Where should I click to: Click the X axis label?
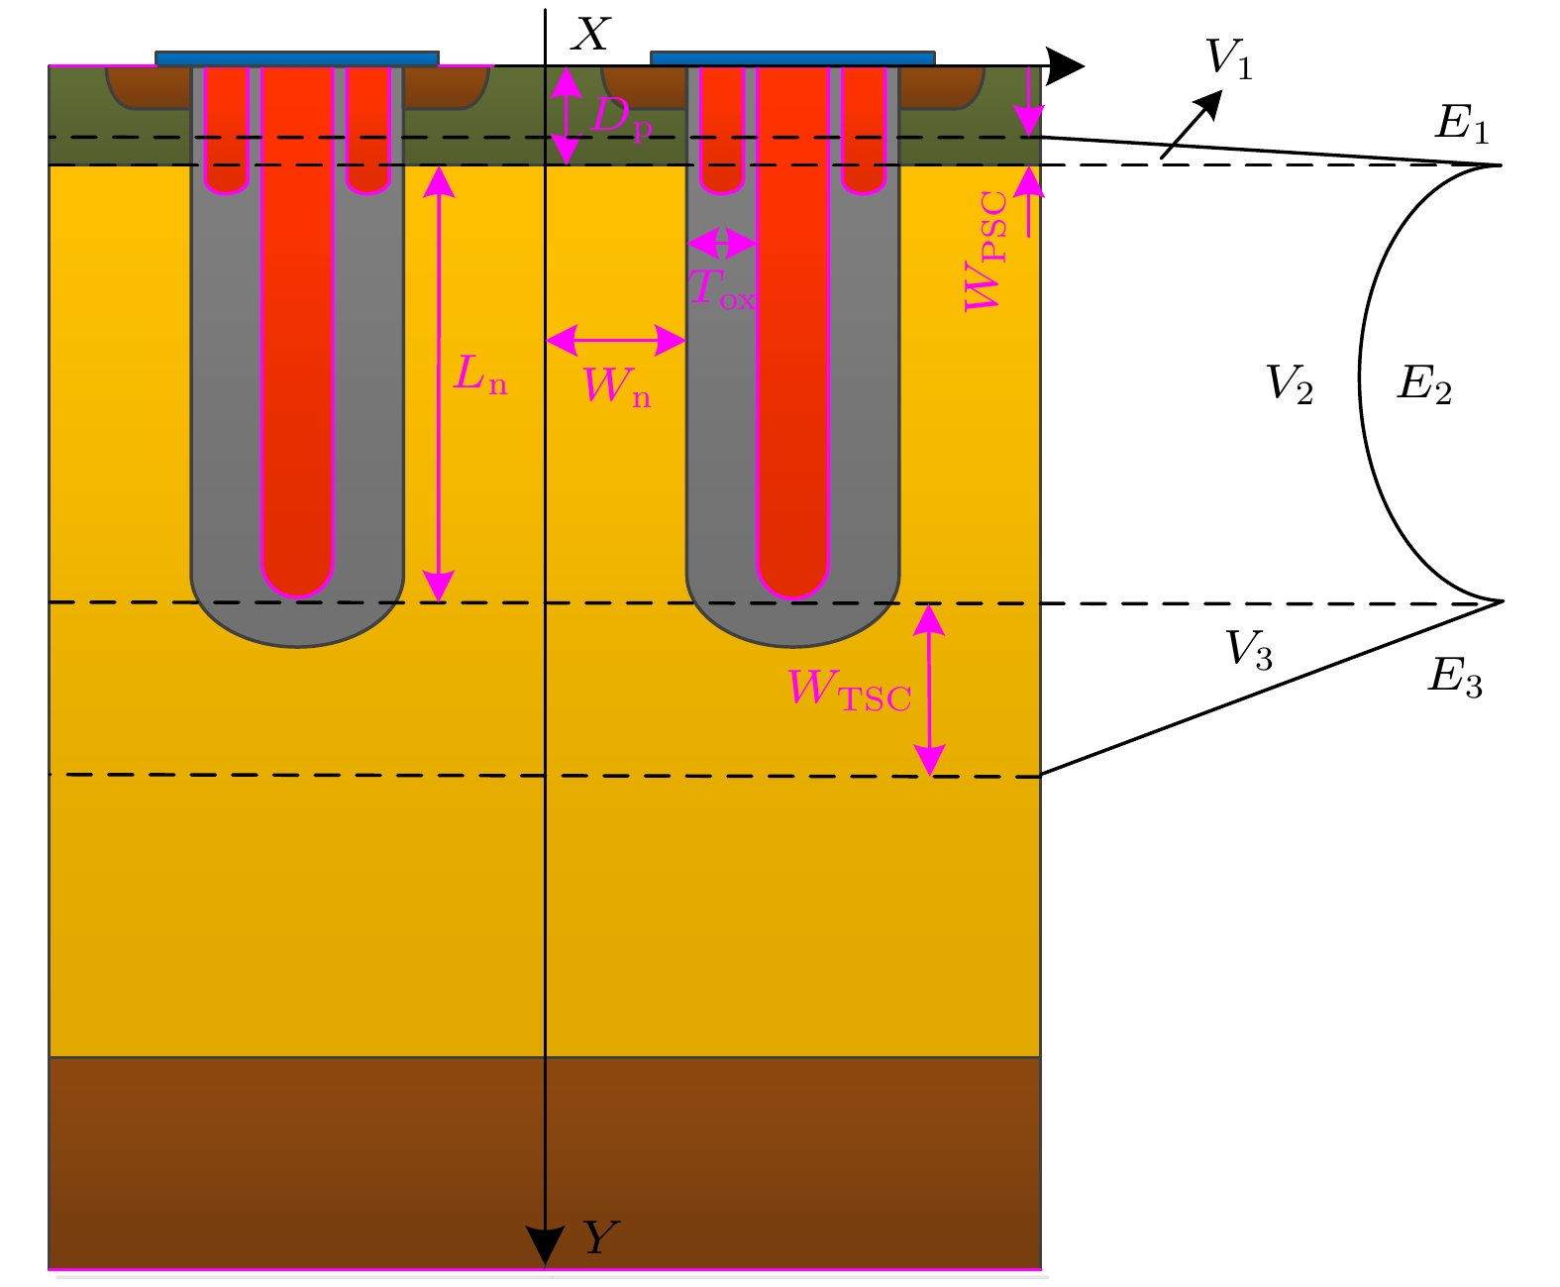[x=591, y=36]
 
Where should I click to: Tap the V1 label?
[x=1229, y=58]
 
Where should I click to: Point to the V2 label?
[x=1290, y=383]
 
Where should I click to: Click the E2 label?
[x=1424, y=383]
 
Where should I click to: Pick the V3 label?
[x=1249, y=650]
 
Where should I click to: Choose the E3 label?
[x=1455, y=678]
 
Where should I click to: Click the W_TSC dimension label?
[x=849, y=690]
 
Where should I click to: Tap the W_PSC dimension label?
[x=987, y=252]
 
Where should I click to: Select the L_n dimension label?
[x=480, y=375]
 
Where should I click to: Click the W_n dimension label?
[x=617, y=386]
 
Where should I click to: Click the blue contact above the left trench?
[x=297, y=58]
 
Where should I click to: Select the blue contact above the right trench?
[x=792, y=58]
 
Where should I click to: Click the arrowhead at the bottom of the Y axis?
[x=545, y=1245]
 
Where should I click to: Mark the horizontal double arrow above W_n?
[x=616, y=341]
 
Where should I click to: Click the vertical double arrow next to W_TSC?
[x=929, y=690]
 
